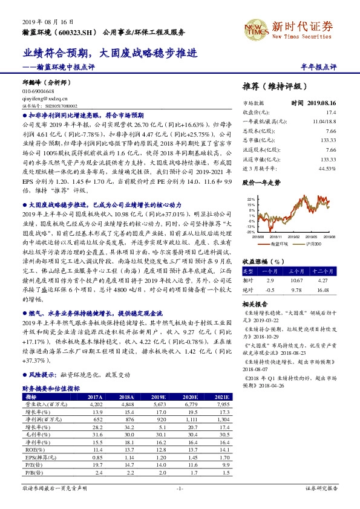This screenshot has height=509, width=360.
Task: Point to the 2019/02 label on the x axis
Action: coord(293,238)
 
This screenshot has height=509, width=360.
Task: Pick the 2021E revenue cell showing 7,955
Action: coord(223,403)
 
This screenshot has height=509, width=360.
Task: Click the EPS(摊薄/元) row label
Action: coord(41,458)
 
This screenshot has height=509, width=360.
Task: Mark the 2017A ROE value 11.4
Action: coord(97,450)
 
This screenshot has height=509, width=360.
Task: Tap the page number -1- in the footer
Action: coord(179,487)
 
